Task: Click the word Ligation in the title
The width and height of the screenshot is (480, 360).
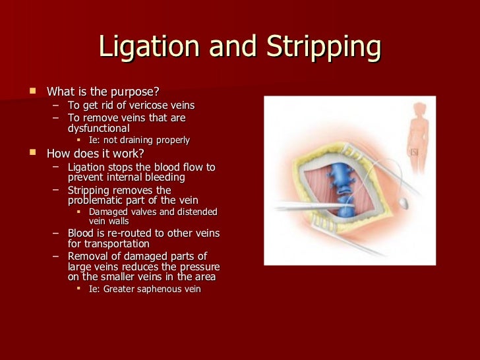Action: (x=148, y=47)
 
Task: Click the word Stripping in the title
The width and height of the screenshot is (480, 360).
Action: (x=324, y=47)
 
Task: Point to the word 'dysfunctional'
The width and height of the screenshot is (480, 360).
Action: (x=99, y=129)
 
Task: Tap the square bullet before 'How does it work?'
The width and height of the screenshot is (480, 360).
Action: (x=32, y=152)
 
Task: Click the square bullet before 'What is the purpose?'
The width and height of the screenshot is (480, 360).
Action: (x=32, y=90)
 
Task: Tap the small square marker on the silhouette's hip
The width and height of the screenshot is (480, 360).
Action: (x=414, y=152)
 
